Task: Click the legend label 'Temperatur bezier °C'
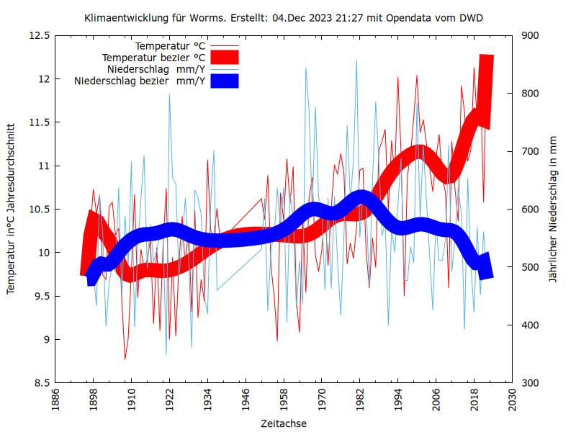153,57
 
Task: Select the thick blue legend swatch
225,81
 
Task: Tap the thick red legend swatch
225,57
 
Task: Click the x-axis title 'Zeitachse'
284,423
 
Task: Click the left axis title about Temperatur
11,209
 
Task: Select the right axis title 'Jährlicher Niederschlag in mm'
553,209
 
